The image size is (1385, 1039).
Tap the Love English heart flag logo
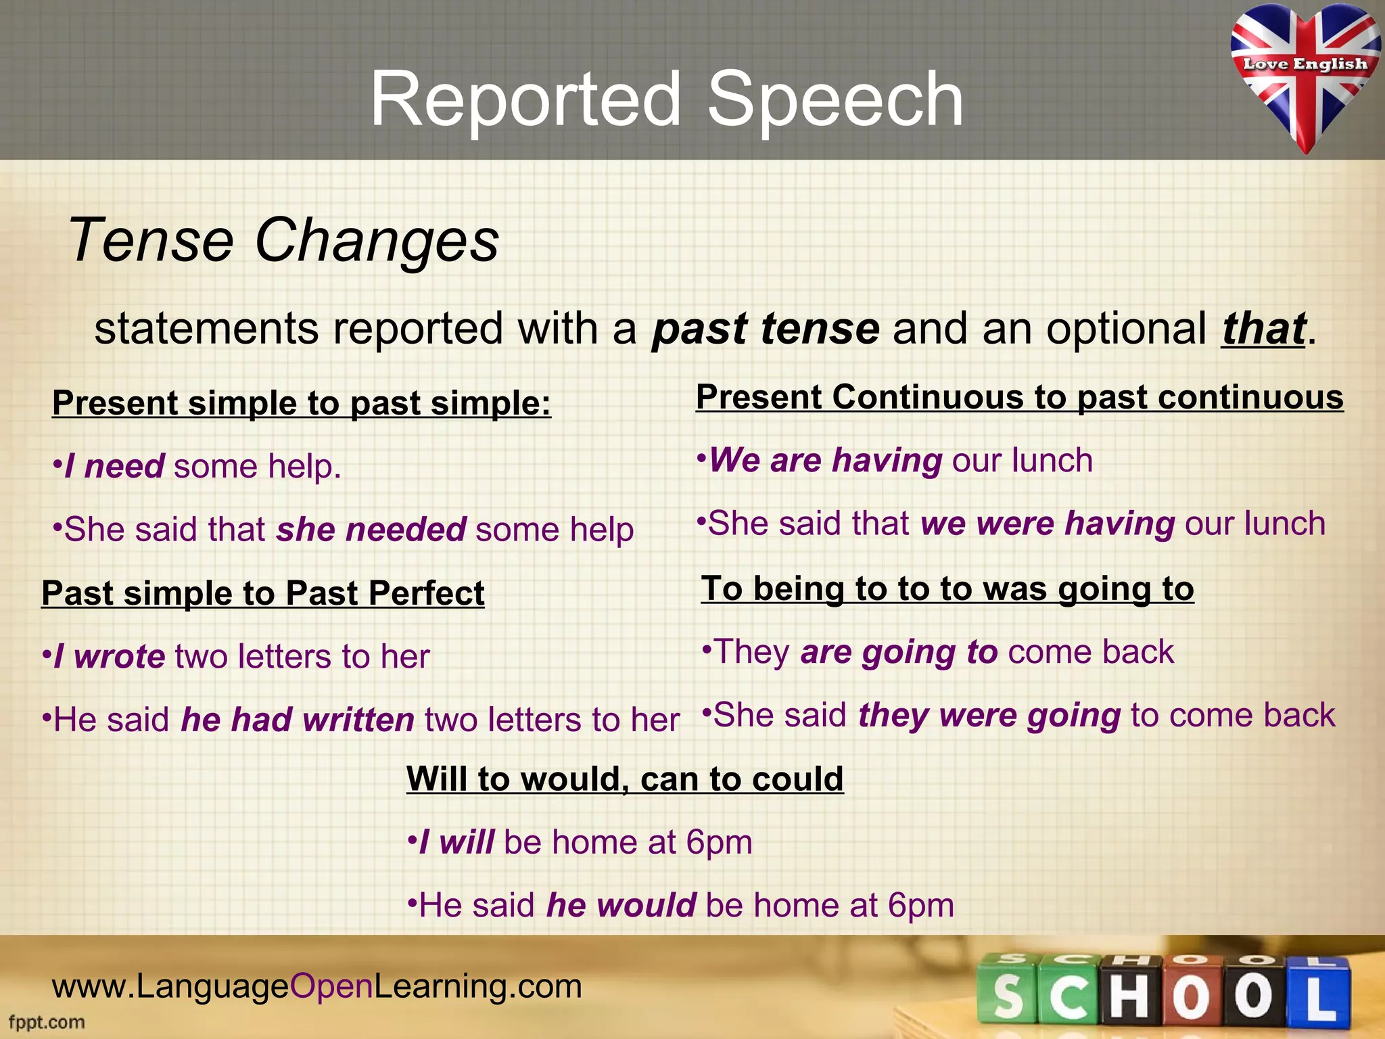pyautogui.click(x=1305, y=74)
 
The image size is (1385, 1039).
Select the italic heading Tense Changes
pyautogui.click(x=283, y=239)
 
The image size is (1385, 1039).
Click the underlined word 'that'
pyautogui.click(x=1263, y=329)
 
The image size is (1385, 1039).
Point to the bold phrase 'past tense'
pyautogui.click(x=766, y=329)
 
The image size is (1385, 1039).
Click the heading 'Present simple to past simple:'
pyautogui.click(x=302, y=403)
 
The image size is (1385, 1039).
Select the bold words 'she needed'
pyautogui.click(x=371, y=530)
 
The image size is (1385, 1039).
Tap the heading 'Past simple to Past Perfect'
pyautogui.click(x=263, y=593)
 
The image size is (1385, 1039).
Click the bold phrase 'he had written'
pyautogui.click(x=298, y=720)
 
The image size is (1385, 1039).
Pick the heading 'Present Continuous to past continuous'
pyautogui.click(x=1019, y=397)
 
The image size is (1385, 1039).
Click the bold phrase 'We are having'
pyautogui.click(x=825, y=461)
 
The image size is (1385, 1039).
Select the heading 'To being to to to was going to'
pyautogui.click(x=947, y=588)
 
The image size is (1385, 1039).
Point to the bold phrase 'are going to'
pyautogui.click(x=899, y=652)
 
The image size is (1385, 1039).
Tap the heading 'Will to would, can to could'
pyautogui.click(x=625, y=779)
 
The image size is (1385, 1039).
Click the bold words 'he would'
pyautogui.click(x=621, y=906)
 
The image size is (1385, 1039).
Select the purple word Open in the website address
pyautogui.click(x=331, y=986)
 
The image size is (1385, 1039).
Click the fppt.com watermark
pyautogui.click(x=47, y=1022)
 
